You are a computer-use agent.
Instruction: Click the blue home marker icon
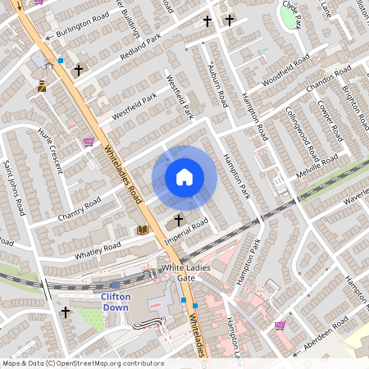point(184,177)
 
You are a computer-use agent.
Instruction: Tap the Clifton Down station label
point(116,301)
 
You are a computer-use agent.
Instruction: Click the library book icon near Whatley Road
point(143,230)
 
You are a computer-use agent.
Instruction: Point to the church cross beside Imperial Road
point(179,221)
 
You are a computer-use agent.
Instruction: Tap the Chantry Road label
point(80,212)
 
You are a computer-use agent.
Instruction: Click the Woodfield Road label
point(285,72)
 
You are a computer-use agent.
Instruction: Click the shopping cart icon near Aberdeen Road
point(280,325)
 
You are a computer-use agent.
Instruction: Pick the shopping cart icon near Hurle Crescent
point(88,141)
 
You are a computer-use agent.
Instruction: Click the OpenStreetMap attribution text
point(82,363)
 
